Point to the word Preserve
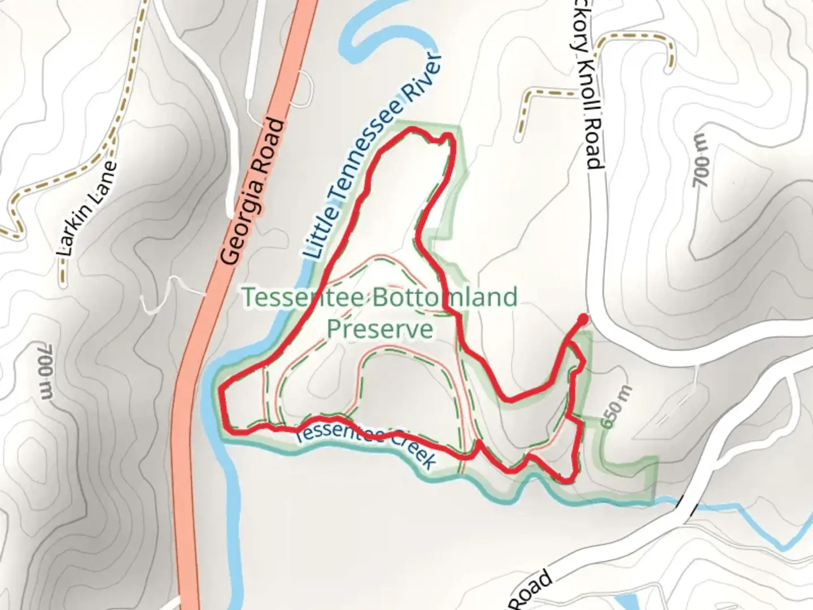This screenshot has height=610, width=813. tap(380, 329)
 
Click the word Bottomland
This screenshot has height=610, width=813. tap(445, 298)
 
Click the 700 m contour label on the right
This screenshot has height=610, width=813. tap(700, 163)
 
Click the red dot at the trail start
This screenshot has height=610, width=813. tap(583, 320)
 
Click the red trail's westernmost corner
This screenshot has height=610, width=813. tap(220, 387)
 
